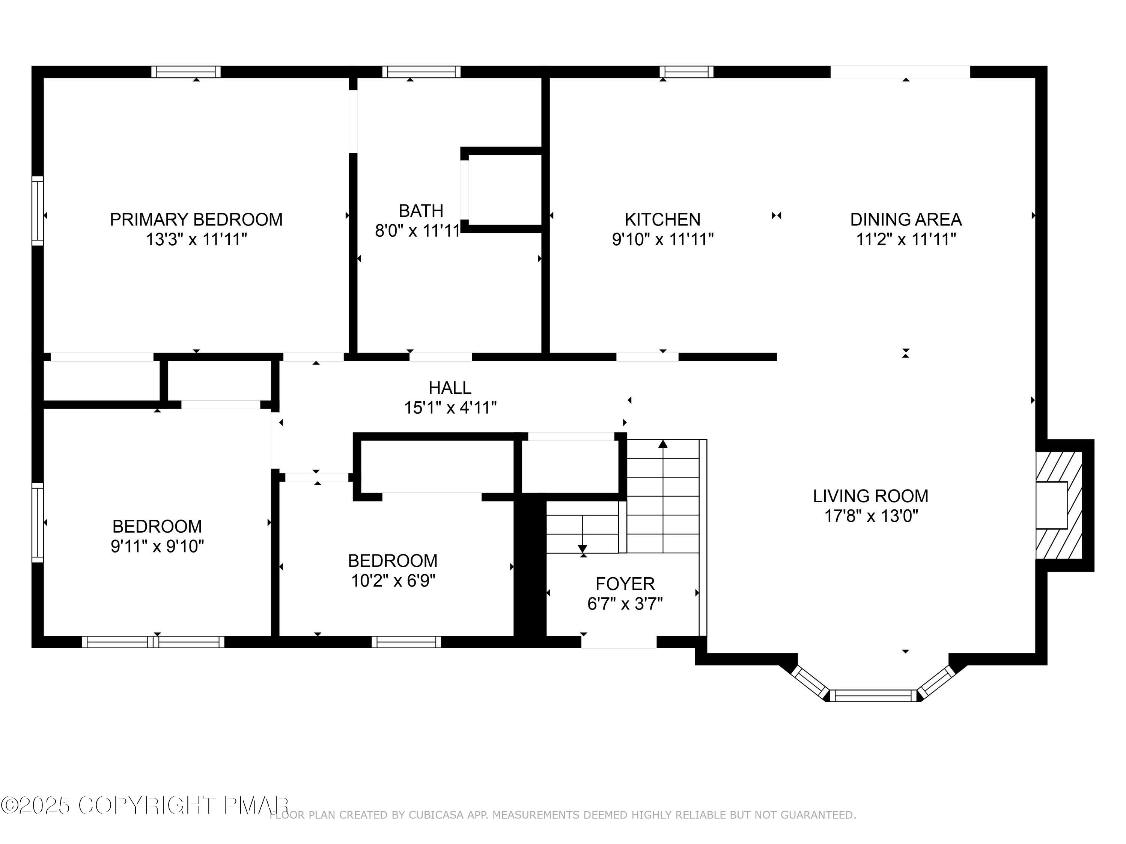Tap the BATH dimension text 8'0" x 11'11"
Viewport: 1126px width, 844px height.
coord(417,231)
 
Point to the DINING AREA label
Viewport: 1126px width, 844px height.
coord(906,220)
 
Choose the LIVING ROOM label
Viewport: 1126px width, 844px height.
coord(870,496)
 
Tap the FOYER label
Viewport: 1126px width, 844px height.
coord(625,584)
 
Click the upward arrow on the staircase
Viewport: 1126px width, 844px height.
coord(663,444)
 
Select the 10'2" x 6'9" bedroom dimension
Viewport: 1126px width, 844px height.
coord(393,580)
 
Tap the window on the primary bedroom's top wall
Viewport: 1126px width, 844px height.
coord(186,72)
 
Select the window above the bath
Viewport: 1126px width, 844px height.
coord(421,72)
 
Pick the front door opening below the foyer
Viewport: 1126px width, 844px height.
coord(619,643)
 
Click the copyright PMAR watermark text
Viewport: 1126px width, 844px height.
coord(145,805)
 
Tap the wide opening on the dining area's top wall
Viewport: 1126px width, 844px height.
coord(900,72)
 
